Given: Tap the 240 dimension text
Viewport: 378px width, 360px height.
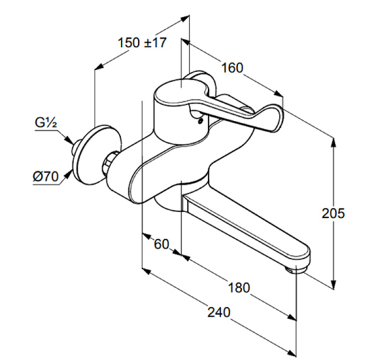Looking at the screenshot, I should pyautogui.click(x=219, y=312).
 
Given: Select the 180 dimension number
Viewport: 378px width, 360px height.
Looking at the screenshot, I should pyautogui.click(x=239, y=287).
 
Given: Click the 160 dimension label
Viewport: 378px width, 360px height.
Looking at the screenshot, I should pyautogui.click(x=232, y=67).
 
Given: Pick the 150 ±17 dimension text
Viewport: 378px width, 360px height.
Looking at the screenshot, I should pyautogui.click(x=142, y=42).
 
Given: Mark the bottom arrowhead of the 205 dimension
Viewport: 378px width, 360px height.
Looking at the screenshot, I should pyautogui.click(x=333, y=284).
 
